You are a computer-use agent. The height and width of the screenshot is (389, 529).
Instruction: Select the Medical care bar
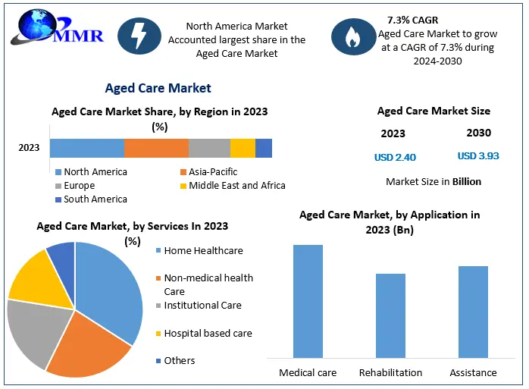(x=308, y=300)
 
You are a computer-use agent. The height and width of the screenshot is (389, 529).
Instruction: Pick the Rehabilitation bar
(x=390, y=315)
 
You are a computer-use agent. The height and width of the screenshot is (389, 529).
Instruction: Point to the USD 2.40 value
(x=395, y=158)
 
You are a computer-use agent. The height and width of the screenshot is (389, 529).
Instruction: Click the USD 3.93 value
(x=478, y=156)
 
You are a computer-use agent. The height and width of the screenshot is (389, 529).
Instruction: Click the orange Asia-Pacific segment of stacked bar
(x=156, y=148)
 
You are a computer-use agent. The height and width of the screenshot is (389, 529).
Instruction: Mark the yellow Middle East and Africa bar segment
(x=243, y=148)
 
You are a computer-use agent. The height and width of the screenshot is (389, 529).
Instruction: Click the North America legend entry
(x=90, y=172)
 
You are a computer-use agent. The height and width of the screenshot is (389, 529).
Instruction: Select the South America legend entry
(x=90, y=199)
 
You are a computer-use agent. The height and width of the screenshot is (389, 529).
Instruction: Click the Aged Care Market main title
(x=158, y=89)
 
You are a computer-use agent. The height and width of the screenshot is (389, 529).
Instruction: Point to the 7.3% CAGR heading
(x=412, y=20)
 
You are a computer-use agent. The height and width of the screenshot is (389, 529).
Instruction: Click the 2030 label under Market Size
(x=478, y=133)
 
